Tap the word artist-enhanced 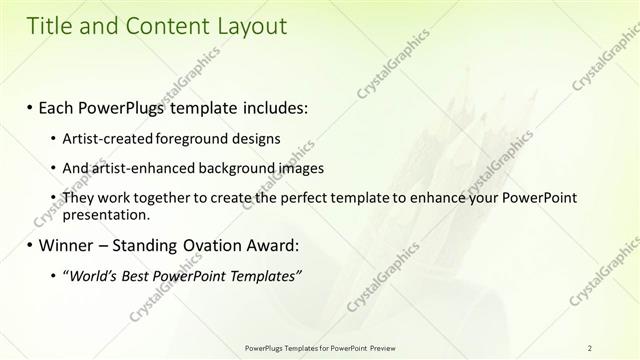[137, 168]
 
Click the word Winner [67, 245]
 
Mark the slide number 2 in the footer [590, 347]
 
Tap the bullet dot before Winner [30, 245]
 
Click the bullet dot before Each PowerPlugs [30, 106]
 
